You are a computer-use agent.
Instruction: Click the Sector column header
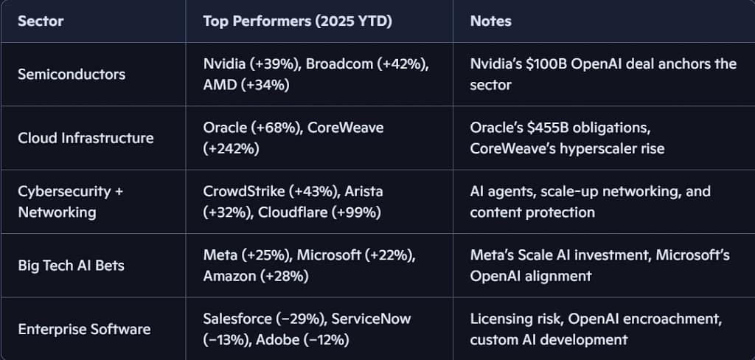coord(41,21)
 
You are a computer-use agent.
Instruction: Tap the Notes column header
coord(490,21)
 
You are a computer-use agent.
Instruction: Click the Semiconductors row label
coord(72,74)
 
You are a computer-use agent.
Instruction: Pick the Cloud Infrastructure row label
coord(86,138)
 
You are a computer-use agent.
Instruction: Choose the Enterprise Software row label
coord(84,328)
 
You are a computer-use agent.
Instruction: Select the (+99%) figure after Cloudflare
coord(361,212)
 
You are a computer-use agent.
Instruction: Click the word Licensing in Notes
coord(499,319)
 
